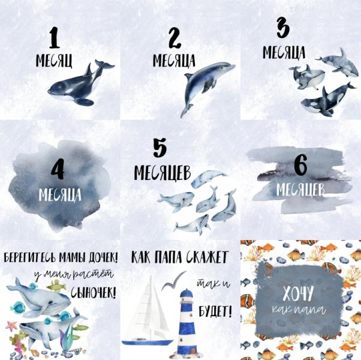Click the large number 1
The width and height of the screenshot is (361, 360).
[x=55, y=38]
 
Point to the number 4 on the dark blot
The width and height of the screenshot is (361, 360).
[x=58, y=170]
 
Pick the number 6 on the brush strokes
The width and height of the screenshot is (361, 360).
[x=300, y=164]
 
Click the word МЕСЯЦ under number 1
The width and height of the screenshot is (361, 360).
[x=54, y=61]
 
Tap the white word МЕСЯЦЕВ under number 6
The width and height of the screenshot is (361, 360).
[x=300, y=190]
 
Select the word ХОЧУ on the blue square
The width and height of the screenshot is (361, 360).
[x=298, y=293]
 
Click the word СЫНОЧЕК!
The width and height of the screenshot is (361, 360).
[x=93, y=293]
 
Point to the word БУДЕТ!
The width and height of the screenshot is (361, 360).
[x=215, y=311]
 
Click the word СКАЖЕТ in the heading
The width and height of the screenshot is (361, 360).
[x=207, y=257]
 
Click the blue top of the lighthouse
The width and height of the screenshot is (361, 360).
[x=185, y=293]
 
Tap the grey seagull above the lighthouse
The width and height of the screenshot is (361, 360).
[x=173, y=280]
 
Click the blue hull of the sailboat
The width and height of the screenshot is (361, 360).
[x=147, y=342]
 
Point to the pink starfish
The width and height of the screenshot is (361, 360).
[x=11, y=326]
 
